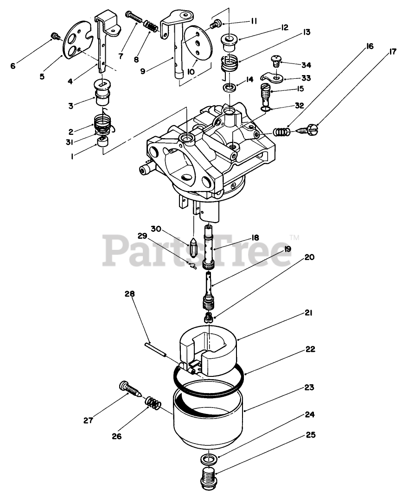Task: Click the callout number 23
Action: tap(309, 387)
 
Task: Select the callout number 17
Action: tap(393, 51)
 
